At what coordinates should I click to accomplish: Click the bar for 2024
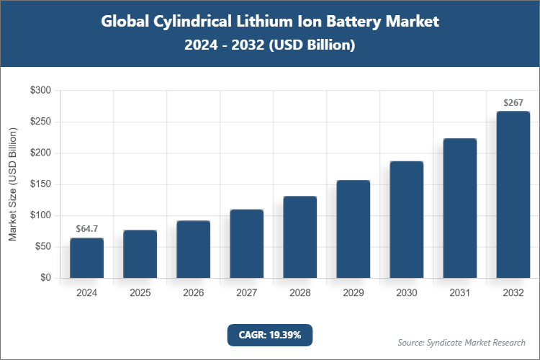tap(86, 258)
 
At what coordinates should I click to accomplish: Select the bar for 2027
tap(246, 243)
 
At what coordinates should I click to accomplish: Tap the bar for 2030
tap(406, 220)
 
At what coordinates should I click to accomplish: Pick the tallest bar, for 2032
tap(513, 194)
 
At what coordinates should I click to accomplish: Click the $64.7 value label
tap(86, 229)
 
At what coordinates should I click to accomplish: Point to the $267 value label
tap(513, 103)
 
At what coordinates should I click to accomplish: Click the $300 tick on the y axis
tap(40, 91)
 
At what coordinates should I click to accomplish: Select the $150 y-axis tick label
tap(40, 184)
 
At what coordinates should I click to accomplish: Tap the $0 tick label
tap(45, 278)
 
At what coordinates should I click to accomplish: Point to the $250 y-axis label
tap(40, 122)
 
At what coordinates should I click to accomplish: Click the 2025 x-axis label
tap(140, 293)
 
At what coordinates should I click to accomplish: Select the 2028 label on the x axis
tap(300, 293)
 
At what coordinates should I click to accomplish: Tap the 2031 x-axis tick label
tap(459, 293)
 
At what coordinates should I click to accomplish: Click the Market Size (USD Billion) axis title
tap(12, 184)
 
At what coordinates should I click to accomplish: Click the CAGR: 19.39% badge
tap(270, 335)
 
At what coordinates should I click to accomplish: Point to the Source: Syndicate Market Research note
tap(462, 342)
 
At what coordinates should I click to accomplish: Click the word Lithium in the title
tap(253, 22)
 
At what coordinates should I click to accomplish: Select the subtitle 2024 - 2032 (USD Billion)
tap(270, 45)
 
